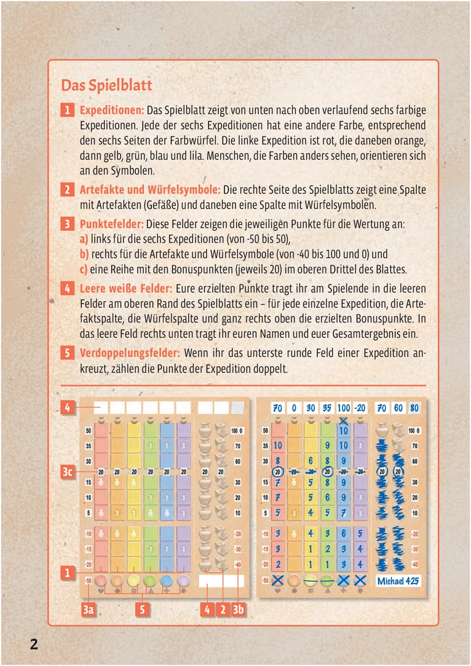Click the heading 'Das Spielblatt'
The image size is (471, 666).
coord(106,85)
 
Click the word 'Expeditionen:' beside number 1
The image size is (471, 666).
coord(112,110)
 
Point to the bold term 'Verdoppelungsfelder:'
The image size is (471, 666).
coord(130,353)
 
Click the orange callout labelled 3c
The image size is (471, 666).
coord(69,471)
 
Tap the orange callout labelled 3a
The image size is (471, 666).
coord(89,609)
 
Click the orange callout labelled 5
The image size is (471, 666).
coord(143,609)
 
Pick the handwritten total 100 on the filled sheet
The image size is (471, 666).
coord(343,408)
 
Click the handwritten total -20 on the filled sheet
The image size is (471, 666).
coord(361,408)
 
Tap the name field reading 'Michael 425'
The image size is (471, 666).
coord(399,581)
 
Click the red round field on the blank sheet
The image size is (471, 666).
coord(100,580)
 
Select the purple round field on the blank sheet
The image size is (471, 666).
coord(183,580)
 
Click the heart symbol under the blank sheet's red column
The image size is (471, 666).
coord(100,591)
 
